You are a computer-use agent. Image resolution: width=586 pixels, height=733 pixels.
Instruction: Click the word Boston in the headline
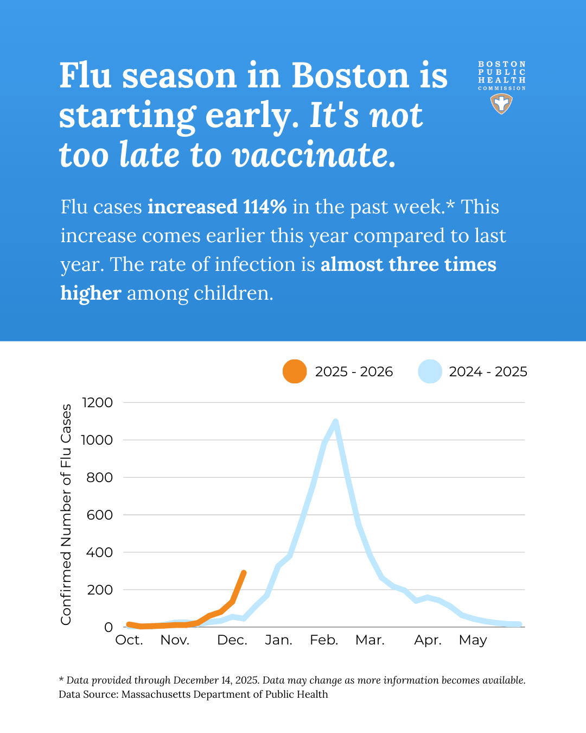tap(350, 75)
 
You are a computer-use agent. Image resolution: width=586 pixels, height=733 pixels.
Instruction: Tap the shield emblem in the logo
tap(501, 103)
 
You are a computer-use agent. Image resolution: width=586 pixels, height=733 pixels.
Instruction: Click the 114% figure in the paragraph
tap(265, 207)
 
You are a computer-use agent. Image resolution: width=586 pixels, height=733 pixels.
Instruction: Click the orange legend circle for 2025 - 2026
tap(295, 371)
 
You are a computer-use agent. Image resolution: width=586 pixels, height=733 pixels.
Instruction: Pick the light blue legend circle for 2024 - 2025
tap(430, 371)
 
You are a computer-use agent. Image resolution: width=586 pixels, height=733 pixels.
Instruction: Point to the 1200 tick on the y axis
tap(97, 402)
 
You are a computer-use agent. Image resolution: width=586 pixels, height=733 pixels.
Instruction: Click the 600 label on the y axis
tap(99, 515)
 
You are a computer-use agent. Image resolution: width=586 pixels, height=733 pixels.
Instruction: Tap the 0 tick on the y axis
tap(109, 627)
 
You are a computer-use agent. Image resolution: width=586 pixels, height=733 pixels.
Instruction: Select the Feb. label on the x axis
tap(324, 640)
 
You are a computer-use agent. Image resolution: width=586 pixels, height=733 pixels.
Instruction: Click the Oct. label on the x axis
tap(129, 640)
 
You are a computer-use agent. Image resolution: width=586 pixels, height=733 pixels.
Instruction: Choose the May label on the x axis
tap(473, 641)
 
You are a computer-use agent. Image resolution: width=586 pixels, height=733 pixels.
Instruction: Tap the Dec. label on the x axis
tap(232, 640)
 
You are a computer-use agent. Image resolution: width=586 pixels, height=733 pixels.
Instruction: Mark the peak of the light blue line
tap(336, 422)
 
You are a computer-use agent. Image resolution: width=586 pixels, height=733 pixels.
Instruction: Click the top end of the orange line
tap(244, 573)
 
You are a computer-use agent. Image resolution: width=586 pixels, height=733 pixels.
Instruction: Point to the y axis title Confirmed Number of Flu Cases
tap(66, 514)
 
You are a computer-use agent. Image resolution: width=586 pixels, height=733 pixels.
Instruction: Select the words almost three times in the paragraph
tap(408, 264)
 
